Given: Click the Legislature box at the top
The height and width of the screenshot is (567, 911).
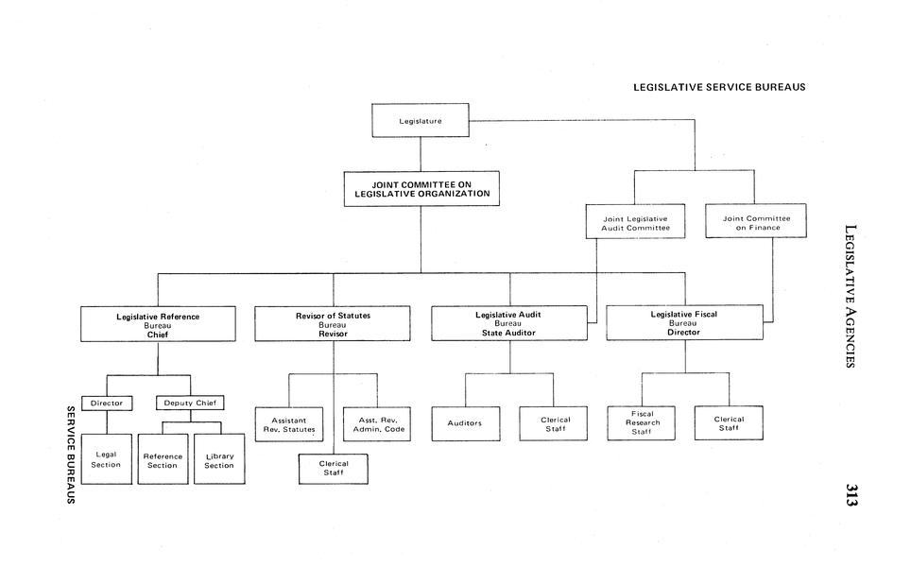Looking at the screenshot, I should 421,120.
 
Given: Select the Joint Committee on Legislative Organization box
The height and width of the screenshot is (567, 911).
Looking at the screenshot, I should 421,188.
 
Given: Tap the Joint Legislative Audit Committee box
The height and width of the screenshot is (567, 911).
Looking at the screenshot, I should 635,222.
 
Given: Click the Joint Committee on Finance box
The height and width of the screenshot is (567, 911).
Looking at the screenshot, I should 756,221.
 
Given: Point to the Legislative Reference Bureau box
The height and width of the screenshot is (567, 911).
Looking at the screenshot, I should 158,324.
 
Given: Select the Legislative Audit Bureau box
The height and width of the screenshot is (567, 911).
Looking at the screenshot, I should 508,324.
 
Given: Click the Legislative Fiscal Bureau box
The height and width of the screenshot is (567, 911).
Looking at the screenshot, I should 683,323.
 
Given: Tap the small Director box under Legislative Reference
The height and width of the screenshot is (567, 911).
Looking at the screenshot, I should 106,404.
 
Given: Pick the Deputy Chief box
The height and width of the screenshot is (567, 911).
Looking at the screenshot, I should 190,404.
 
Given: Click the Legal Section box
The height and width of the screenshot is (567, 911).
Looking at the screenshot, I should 106,459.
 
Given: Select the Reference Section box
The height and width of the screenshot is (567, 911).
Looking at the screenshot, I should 163,459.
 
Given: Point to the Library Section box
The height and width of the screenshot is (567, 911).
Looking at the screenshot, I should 219,459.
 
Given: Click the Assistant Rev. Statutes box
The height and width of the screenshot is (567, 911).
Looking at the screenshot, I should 289,423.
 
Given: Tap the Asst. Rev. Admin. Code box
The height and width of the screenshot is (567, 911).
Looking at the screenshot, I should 377,423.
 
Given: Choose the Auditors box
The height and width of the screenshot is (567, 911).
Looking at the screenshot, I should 465,423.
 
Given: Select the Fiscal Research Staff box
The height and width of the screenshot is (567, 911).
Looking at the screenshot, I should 641,423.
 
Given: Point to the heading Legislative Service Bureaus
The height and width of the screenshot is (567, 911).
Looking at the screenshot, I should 719,87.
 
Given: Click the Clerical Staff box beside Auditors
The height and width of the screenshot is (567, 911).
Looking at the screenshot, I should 555,423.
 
